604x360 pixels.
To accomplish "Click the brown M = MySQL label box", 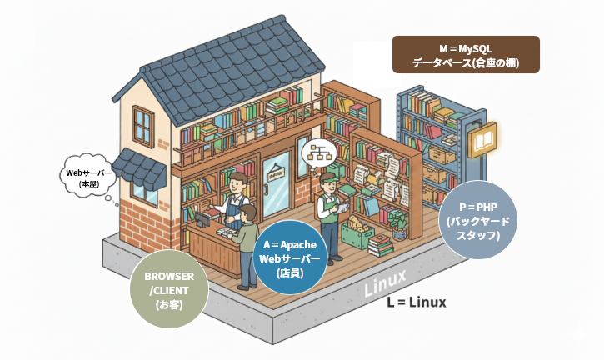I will pos(466,54).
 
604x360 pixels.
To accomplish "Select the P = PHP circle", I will pos(478,219).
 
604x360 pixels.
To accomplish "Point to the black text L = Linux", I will pos(416,302).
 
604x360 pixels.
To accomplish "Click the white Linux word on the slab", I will pos(385,282).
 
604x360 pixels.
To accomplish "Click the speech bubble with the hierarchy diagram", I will pos(318,151).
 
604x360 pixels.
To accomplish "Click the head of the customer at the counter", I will pos(247,213).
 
